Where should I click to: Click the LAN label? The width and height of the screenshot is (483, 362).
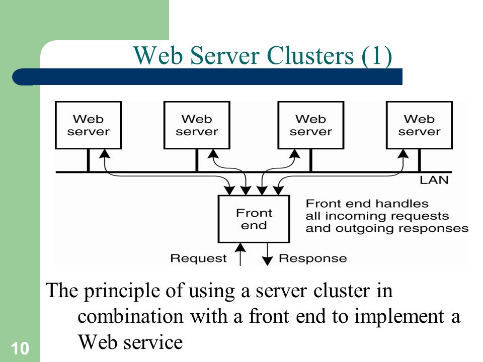[434, 180]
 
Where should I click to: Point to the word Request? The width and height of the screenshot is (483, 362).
[198, 258]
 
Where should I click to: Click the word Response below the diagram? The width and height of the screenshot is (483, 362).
[312, 258]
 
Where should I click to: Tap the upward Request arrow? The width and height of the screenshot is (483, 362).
[240, 254]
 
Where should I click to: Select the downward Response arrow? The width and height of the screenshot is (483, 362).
[267, 254]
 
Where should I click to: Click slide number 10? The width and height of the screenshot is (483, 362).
[20, 348]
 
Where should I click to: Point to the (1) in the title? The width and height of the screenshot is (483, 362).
[376, 56]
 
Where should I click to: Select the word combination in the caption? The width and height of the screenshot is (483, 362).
[130, 316]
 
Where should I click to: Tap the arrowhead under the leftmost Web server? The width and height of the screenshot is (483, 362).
[105, 154]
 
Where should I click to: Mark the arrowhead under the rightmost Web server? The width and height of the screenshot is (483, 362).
[403, 154]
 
